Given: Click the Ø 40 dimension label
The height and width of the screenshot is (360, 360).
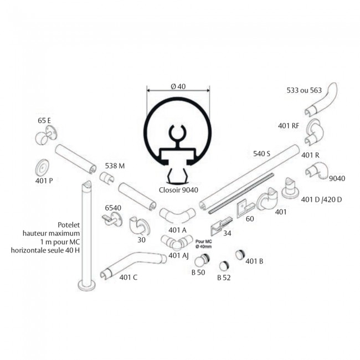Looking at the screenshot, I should coord(178,86).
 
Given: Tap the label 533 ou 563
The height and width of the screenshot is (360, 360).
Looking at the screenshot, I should coord(304,89).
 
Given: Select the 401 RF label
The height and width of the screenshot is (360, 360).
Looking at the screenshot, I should coord(288,126).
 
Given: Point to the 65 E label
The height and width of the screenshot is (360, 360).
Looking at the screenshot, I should coord(44,120).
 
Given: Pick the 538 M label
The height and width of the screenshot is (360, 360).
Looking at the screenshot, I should coord(115,166).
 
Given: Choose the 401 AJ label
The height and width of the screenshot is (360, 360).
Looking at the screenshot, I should coord(178,255).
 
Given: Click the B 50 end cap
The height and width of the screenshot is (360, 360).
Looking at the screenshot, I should coord(206,259).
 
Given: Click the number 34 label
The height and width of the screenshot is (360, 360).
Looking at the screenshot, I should coord(227,233).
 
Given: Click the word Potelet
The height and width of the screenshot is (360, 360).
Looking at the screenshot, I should coord(69,225).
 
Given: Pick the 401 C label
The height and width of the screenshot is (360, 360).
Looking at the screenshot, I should coord(128,277).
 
